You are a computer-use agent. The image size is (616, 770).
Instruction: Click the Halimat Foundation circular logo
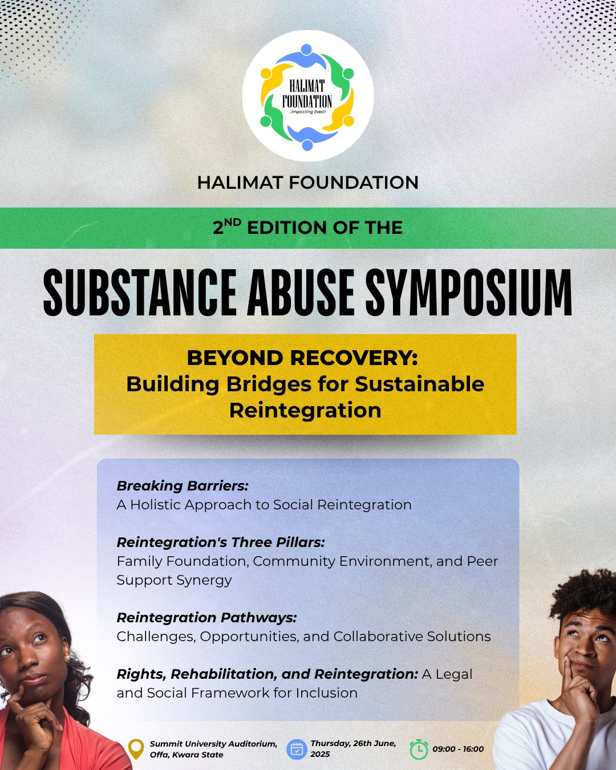308,96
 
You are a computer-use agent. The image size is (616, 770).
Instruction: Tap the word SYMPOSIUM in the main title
468,293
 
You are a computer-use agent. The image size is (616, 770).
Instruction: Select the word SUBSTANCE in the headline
140,293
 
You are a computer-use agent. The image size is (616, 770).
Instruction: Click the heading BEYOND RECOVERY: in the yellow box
302,358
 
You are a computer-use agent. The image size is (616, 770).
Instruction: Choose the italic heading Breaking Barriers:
183,486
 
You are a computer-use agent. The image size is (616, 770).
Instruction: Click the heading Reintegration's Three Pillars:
221,542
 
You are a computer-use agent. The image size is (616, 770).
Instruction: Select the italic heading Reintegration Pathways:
207,618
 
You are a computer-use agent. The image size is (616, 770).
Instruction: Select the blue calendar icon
297,749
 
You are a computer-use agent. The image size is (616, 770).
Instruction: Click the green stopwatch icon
419,749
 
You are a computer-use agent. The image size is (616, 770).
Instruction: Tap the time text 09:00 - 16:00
458,749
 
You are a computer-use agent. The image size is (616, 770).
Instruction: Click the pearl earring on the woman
67,658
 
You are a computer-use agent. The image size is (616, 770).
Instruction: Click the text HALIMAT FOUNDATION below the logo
308,183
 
